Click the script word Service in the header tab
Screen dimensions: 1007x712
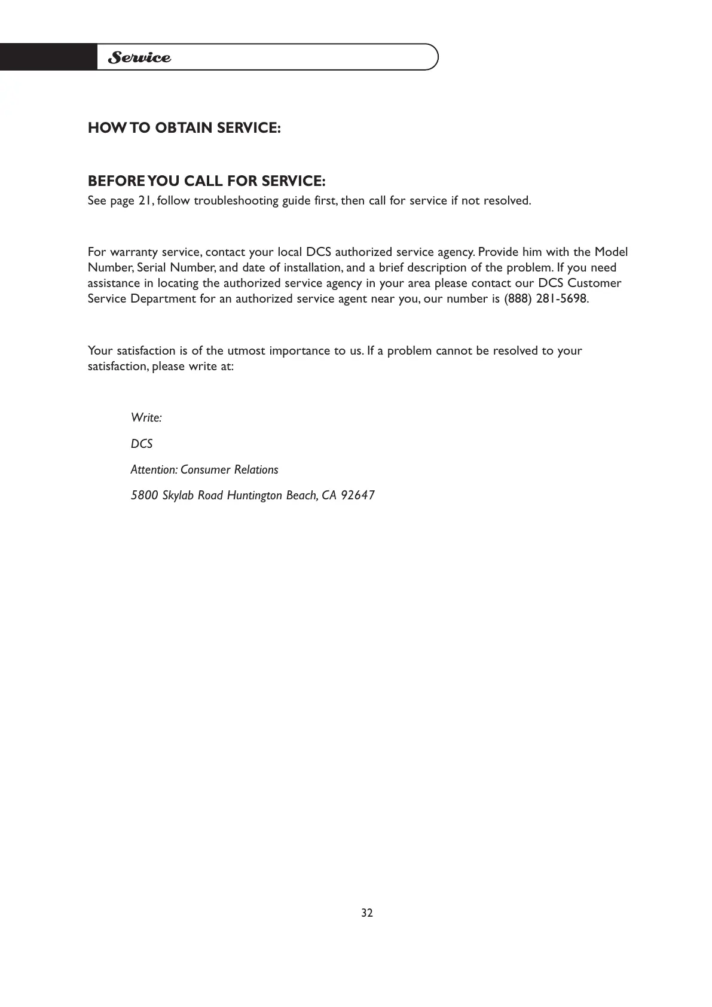139,58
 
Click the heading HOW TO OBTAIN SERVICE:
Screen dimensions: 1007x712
184,128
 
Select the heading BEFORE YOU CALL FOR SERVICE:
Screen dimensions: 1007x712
206,181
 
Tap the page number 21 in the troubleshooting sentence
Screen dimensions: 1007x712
145,201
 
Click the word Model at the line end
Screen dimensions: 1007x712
611,252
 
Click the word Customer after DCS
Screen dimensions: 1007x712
594,283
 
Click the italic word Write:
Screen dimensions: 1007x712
146,418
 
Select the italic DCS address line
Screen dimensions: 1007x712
142,444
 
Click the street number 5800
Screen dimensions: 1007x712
144,496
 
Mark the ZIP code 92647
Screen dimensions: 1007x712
357,496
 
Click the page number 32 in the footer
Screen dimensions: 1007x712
367,913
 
